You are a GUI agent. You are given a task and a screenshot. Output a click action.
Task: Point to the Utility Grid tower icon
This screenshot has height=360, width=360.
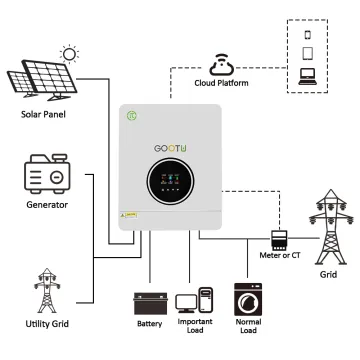(x=46, y=290)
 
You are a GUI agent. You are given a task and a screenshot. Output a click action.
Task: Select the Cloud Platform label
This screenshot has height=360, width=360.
(x=222, y=85)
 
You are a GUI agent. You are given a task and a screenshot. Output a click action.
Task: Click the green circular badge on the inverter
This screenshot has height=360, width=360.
(x=130, y=116)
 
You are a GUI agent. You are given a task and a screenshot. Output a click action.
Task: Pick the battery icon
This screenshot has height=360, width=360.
(x=149, y=302)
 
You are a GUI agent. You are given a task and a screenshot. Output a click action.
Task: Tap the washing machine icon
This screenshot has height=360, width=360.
(x=247, y=300)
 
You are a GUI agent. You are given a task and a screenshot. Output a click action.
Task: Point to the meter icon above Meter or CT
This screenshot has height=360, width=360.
(x=281, y=241)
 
